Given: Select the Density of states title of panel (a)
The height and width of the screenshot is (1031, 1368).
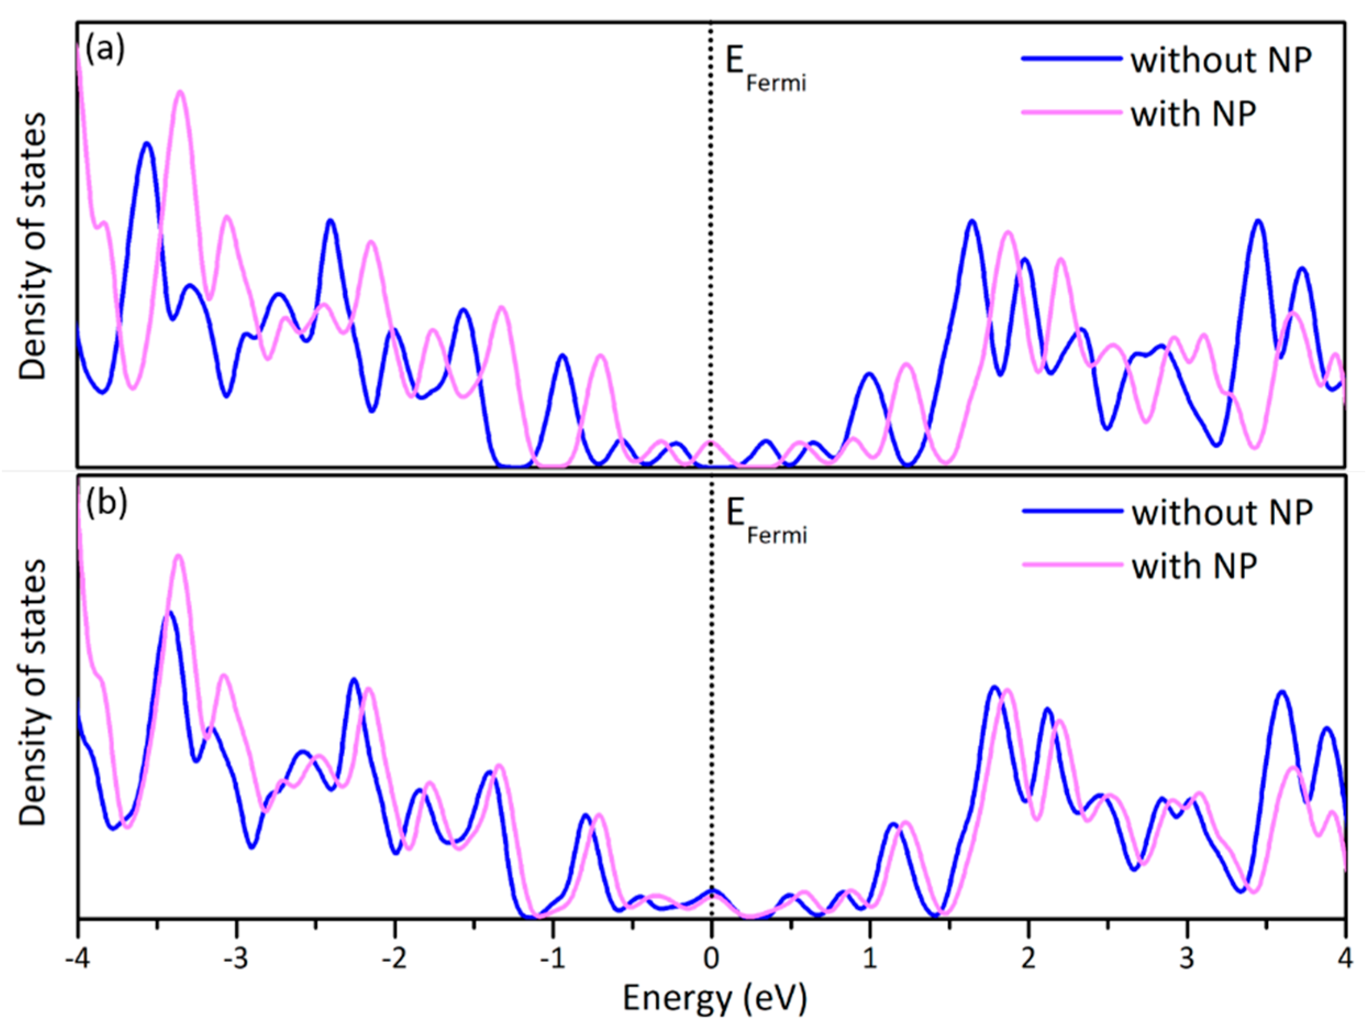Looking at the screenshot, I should [x=33, y=246].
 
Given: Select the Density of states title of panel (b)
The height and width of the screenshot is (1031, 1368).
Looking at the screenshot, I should [x=33, y=693].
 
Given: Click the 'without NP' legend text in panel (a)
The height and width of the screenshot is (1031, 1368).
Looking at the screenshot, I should [x=1221, y=60].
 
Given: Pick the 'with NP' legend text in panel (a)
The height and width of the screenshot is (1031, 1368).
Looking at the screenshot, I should [x=1194, y=114].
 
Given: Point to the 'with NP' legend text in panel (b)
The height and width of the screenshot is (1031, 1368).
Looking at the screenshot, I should [x=1194, y=566].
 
